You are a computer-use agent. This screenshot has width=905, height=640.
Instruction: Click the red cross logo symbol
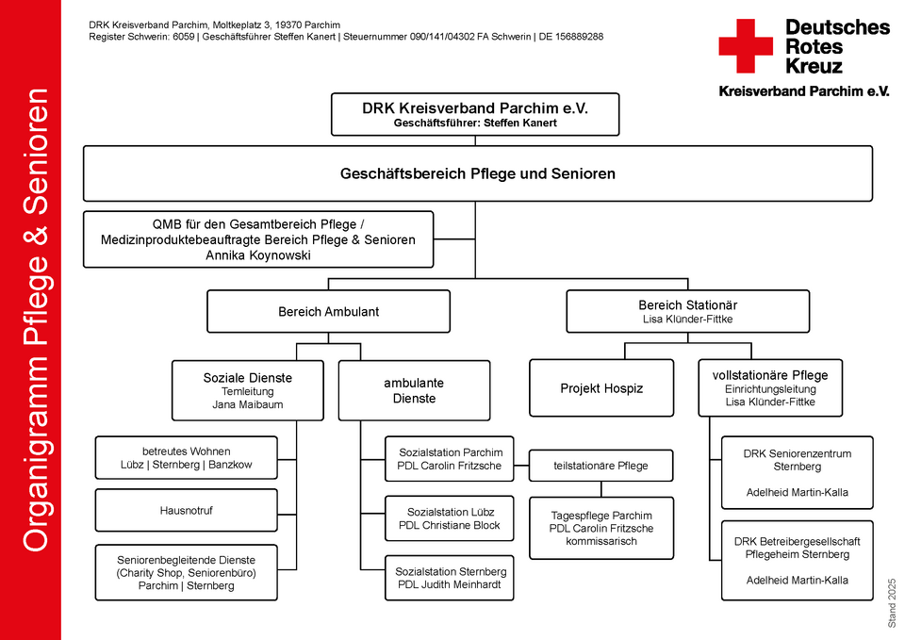746,46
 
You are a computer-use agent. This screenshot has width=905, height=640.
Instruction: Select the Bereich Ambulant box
328,312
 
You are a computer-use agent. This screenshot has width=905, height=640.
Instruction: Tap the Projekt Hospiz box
601,388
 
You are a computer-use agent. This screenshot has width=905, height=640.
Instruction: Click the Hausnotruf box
187,510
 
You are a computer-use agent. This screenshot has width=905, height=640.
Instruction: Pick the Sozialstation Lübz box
450,518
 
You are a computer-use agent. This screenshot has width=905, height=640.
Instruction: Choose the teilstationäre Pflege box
601,466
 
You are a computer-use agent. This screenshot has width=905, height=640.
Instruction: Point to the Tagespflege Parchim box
601,528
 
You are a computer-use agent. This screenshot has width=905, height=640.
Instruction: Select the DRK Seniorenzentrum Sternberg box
798,472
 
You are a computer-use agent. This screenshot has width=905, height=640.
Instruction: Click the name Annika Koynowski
258,255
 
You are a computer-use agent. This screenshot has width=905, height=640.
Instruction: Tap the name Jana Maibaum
248,404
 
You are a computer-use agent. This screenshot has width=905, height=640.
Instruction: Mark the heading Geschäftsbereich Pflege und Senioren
477,173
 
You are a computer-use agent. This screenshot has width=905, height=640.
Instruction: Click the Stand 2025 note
892,603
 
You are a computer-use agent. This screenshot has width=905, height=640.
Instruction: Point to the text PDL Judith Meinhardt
450,584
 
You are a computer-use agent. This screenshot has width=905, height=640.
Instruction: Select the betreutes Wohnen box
187,458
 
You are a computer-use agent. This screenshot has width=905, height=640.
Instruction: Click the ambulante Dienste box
415,391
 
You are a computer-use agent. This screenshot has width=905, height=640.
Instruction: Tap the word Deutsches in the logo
837,27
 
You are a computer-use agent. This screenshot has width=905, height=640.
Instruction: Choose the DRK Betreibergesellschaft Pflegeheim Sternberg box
798,561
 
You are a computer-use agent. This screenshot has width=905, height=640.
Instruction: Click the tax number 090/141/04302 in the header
442,37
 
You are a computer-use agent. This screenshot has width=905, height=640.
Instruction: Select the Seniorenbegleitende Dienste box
187,572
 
